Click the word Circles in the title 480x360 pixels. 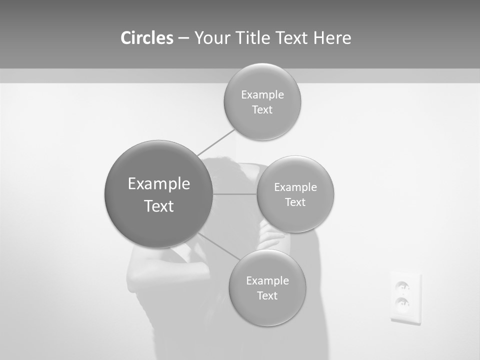coord(147,38)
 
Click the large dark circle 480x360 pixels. coord(158,194)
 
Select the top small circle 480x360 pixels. coord(262,101)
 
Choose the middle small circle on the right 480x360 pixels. coord(295,194)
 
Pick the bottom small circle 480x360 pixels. coord(267,287)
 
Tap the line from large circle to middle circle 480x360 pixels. coord(235,194)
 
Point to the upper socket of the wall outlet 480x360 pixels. coord(402,287)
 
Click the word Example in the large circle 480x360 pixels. coord(158,184)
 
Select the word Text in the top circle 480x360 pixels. coord(262,110)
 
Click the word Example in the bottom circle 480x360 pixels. coord(267,280)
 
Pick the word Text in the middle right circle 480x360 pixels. coord(295,202)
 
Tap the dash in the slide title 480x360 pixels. coord(183,38)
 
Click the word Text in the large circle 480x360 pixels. coord(158,206)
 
